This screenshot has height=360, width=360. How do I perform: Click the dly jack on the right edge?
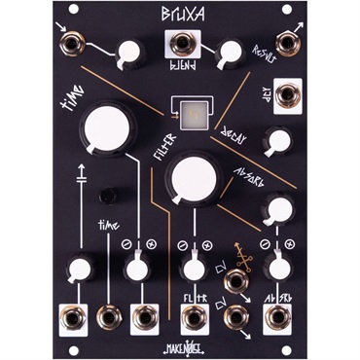(x=283, y=95)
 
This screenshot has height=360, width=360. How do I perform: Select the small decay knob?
(x=278, y=143)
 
